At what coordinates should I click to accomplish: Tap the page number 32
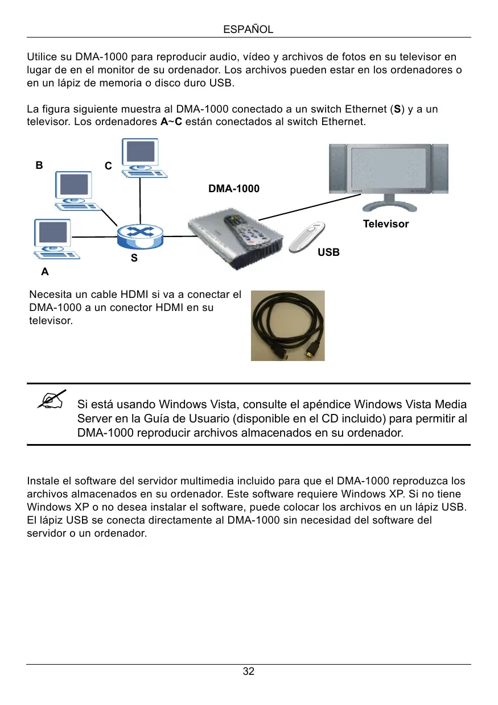point(249,671)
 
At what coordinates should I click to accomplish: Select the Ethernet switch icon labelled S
point(139,234)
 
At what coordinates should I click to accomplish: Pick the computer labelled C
point(141,157)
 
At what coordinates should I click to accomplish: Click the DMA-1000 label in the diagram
point(234,188)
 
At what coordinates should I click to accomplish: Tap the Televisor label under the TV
point(386,224)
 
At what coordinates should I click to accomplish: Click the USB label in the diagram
point(329,252)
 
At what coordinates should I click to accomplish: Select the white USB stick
point(307,236)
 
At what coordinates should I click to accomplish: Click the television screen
point(389,168)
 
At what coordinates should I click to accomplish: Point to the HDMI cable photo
point(288,326)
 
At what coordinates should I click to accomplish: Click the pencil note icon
point(52,399)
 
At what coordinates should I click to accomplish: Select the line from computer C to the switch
point(139,199)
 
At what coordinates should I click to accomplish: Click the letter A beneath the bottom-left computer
point(45,272)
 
